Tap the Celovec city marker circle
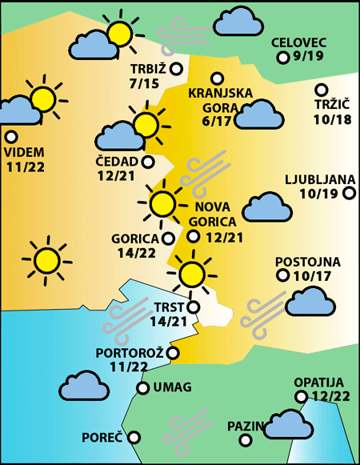pos(282,58)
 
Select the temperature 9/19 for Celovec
pos(308,57)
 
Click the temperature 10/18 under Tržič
pos(333,119)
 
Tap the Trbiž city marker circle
pos(177,69)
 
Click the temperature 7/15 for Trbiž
pos(144,82)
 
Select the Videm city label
pos(24,152)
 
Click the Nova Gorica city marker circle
pos(194,235)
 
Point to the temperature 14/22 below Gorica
pos(135,253)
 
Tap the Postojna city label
pos(307,262)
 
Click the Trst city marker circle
pos(193,307)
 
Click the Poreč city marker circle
pos(134,437)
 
